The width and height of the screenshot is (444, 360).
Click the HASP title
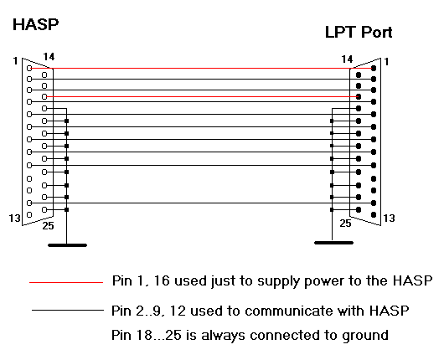(x=36, y=24)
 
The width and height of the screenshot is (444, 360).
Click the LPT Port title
(x=359, y=32)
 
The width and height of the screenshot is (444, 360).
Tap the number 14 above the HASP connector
(x=49, y=57)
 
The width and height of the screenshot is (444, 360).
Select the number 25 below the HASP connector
(x=48, y=226)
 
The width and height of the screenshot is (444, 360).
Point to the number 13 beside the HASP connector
(x=15, y=219)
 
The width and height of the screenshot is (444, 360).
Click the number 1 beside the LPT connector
(x=386, y=61)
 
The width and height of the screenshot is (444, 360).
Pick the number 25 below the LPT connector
(x=345, y=224)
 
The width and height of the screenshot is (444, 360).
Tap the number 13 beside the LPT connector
(x=389, y=219)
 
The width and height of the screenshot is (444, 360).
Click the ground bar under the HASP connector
(x=67, y=245)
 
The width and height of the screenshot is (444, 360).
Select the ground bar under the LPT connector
(x=334, y=243)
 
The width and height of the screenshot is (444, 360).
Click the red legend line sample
(x=66, y=282)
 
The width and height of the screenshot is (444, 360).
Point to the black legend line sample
(x=68, y=311)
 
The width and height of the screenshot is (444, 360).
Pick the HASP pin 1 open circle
(x=29, y=68)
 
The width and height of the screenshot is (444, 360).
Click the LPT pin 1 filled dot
(x=374, y=68)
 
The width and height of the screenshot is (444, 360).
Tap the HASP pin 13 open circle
(x=29, y=215)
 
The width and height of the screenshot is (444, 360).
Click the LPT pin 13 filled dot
(x=374, y=215)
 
